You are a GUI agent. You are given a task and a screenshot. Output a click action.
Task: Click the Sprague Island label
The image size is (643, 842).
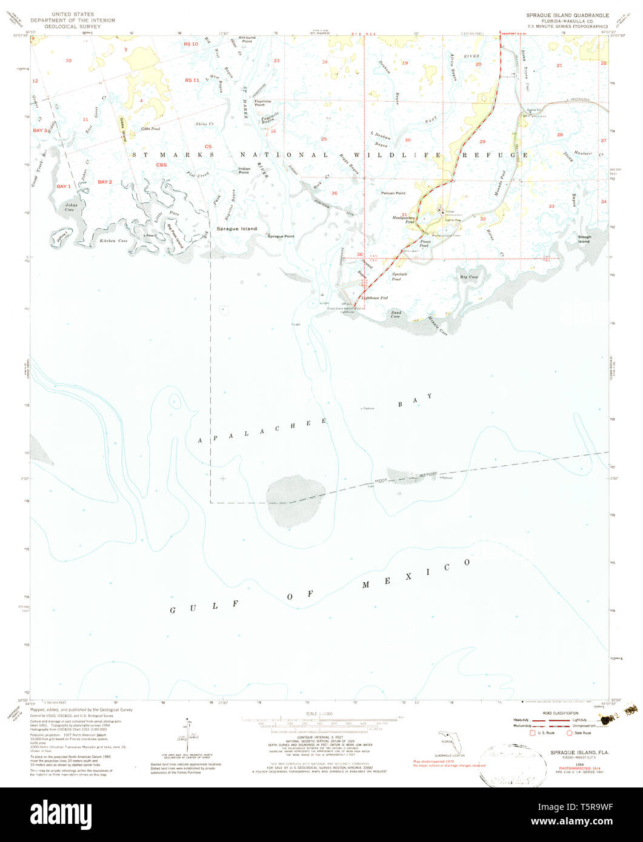[236, 229]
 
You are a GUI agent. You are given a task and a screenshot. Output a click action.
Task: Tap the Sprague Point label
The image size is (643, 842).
[281, 236]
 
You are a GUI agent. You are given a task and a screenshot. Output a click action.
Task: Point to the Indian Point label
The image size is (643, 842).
[244, 170]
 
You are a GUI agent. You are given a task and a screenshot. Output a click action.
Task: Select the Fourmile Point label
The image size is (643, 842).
[259, 103]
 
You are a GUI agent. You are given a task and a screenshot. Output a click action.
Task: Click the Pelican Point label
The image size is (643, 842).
[393, 193]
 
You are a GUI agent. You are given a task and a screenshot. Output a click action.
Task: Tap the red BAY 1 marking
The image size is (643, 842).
[64, 186]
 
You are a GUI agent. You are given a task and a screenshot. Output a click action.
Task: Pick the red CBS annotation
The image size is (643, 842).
[161, 165]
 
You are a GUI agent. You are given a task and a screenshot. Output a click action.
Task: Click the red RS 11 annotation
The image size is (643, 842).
[192, 81]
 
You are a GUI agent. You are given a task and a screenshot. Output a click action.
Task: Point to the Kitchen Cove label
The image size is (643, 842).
[113, 241]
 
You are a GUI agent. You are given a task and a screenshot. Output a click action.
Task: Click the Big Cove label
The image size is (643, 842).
[469, 277]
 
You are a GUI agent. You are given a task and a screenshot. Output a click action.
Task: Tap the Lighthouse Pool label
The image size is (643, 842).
[375, 298]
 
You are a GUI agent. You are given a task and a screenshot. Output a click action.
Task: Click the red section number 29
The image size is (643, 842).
[482, 141]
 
